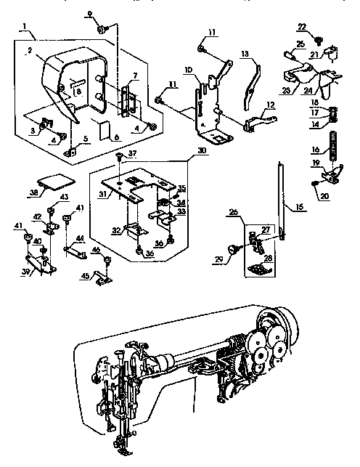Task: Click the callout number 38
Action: pos(35,193)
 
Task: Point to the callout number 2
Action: pos(29,51)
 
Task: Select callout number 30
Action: pos(200,152)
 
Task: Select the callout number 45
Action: pos(85,275)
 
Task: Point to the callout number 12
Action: pos(270,105)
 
